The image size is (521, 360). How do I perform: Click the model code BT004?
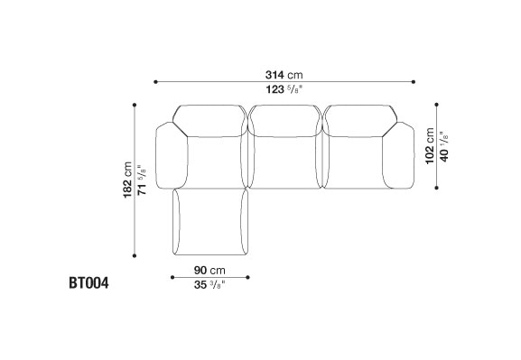pyautogui.click(x=88, y=283)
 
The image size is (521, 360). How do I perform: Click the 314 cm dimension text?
pyautogui.click(x=284, y=75)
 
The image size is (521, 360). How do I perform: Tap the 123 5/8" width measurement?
pyautogui.click(x=284, y=89)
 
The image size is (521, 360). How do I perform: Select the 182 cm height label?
pyautogui.click(x=127, y=180)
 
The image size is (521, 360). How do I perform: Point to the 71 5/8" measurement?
pyautogui.click(x=142, y=180)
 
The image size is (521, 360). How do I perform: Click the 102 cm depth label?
pyautogui.click(x=430, y=146)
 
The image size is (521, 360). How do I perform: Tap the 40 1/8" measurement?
pyautogui.click(x=444, y=146)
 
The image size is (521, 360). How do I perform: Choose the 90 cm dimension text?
pyautogui.click(x=209, y=271)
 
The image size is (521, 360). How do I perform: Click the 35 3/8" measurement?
pyautogui.click(x=209, y=284)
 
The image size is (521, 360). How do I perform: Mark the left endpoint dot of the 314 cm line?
pyautogui.click(x=155, y=82)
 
